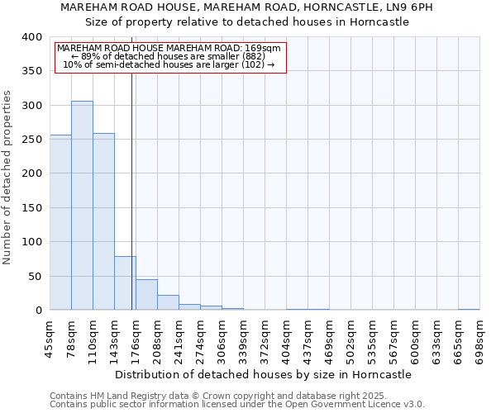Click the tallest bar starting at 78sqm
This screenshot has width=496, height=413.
(82, 206)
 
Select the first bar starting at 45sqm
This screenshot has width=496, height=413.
(60, 223)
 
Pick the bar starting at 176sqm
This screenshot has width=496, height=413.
(146, 295)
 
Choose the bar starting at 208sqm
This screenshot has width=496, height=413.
(168, 302)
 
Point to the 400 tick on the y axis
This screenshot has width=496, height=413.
(32, 37)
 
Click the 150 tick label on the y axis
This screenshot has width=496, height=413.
(32, 208)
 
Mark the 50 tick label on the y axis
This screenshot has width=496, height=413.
(36, 277)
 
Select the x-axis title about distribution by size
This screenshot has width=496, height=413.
(264, 374)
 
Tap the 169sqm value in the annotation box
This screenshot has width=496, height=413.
(265, 48)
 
